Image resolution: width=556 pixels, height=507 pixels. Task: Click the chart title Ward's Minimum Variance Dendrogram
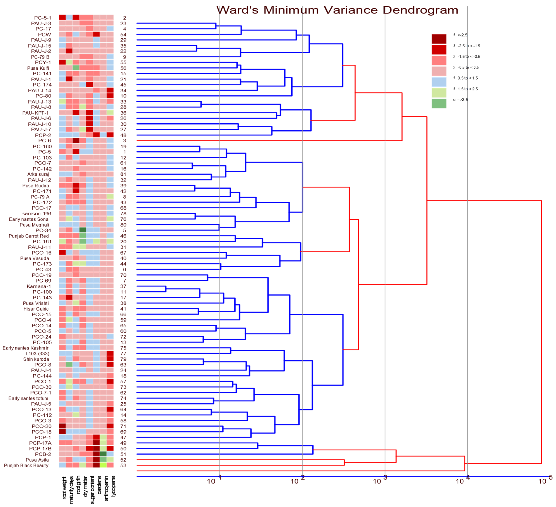(337, 10)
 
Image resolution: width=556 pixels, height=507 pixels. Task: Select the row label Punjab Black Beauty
(26, 465)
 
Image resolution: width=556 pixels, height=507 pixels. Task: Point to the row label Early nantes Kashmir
(25, 348)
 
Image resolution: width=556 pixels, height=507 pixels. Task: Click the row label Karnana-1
(39, 286)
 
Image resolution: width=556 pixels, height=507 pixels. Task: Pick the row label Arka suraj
(38, 174)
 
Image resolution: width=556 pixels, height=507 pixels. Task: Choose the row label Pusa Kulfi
(38, 68)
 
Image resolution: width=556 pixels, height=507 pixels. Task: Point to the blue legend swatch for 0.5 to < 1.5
(439, 82)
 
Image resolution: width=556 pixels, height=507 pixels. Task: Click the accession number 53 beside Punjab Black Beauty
(123, 465)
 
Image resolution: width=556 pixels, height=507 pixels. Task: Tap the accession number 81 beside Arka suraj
(123, 174)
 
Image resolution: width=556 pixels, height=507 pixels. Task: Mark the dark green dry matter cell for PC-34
(83, 230)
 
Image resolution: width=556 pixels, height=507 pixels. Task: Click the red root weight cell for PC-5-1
(62, 18)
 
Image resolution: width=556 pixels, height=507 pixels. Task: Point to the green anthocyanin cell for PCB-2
(103, 454)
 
